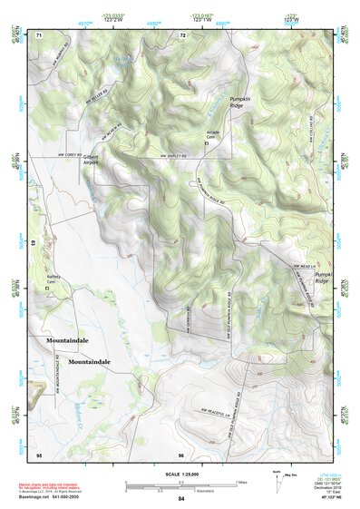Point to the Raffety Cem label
57,281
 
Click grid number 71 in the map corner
39,34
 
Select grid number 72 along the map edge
182,34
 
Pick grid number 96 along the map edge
181,455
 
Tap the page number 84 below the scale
180,499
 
